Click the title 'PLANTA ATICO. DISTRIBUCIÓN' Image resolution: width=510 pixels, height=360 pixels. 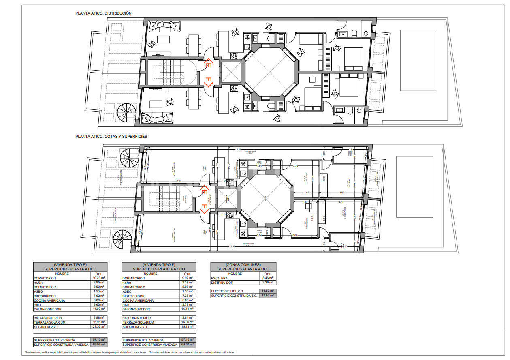coord(103,13)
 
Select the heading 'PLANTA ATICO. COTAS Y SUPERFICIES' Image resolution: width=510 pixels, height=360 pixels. coord(111,137)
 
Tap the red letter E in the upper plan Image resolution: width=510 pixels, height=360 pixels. coord(208,64)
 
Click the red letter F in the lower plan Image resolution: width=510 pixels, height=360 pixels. coord(205,209)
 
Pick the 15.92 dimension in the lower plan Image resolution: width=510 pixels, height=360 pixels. coord(232,246)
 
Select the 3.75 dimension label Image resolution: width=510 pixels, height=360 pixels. coord(295,166)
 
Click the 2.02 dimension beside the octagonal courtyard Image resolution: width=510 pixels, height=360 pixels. coord(306,193)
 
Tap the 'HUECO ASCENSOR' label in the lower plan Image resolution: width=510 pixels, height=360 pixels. coord(227,199)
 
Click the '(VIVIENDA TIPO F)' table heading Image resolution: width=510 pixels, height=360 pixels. coord(158,264)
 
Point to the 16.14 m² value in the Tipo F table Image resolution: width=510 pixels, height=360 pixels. coord(187,309)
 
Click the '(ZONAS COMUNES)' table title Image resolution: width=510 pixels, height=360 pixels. coord(243,264)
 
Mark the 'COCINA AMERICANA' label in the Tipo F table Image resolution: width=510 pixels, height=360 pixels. coord(138,300)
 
